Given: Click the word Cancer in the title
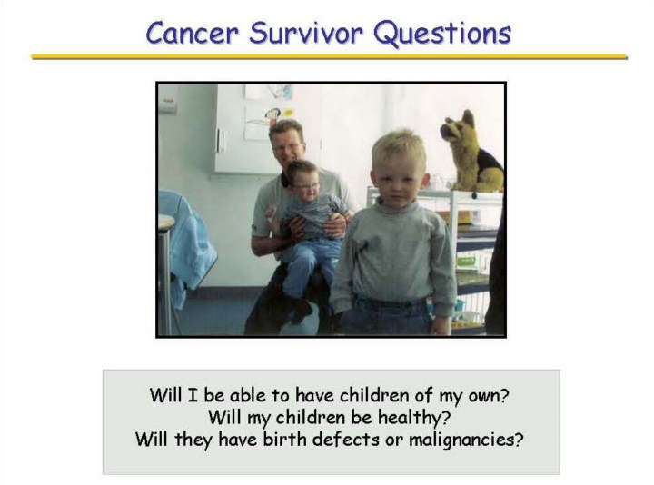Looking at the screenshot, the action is click(193, 33).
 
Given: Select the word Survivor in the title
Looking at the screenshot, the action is click(306, 33).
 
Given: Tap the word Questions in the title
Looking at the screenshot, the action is click(442, 34).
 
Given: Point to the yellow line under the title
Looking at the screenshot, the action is click(329, 56).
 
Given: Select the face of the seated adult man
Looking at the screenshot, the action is click(287, 147).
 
